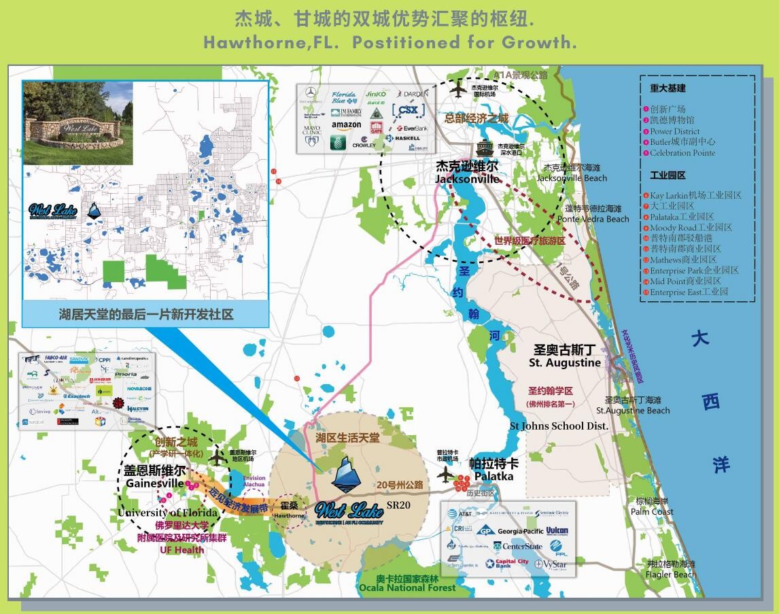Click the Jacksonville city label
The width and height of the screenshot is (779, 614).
pyautogui.click(x=468, y=179)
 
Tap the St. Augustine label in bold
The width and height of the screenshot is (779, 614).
pyautogui.click(x=565, y=363)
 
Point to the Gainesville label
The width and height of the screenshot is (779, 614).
pyautogui.click(x=155, y=483)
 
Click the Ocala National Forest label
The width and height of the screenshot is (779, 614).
pyautogui.click(x=408, y=587)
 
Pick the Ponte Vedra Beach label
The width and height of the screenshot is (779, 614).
pyautogui.click(x=593, y=219)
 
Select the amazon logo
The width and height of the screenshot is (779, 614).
pyautogui.click(x=347, y=125)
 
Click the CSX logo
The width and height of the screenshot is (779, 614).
pyautogui.click(x=409, y=109)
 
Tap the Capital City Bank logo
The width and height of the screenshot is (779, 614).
pyautogui.click(x=507, y=563)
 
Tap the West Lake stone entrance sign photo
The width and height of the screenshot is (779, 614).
pyautogui.click(x=77, y=123)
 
